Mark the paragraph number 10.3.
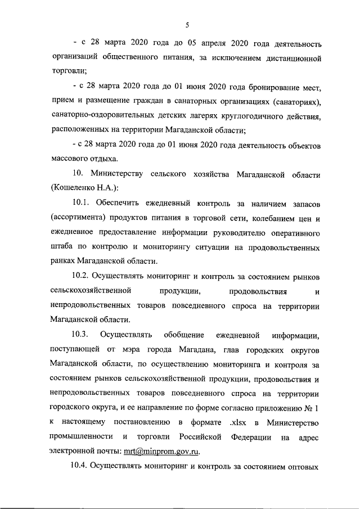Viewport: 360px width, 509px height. click(80, 335)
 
